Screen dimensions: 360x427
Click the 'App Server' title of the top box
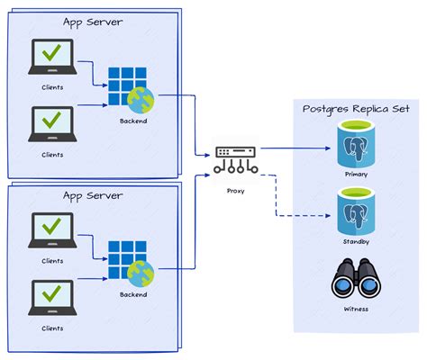point(94,22)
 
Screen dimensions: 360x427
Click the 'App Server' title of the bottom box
point(94,194)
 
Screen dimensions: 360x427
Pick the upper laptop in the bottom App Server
point(53,231)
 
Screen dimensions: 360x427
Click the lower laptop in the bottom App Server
point(53,298)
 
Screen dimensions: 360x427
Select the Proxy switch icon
point(237,158)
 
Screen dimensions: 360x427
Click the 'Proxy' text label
point(237,191)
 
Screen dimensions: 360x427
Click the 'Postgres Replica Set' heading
point(357,108)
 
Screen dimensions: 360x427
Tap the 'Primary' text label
point(357,174)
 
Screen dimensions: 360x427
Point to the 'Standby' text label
point(357,242)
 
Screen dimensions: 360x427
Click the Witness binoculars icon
point(357,279)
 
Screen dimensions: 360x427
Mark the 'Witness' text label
point(357,309)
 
